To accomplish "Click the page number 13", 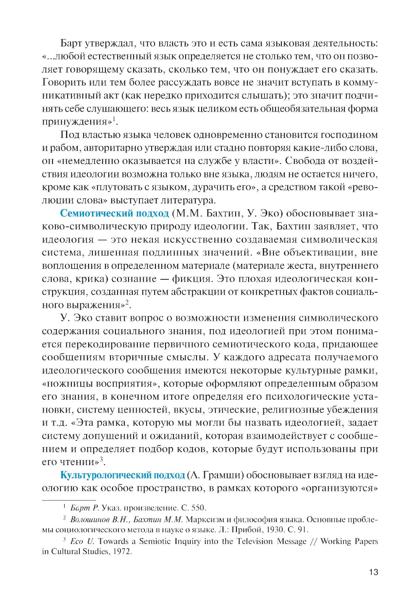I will [x=373, y=572].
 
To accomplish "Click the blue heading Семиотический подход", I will [x=114, y=213].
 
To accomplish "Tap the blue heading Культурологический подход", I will [x=123, y=475].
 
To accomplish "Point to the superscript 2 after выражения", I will [x=127, y=302].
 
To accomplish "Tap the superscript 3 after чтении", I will [x=102, y=460].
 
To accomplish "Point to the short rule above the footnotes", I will [x=69, y=500].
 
